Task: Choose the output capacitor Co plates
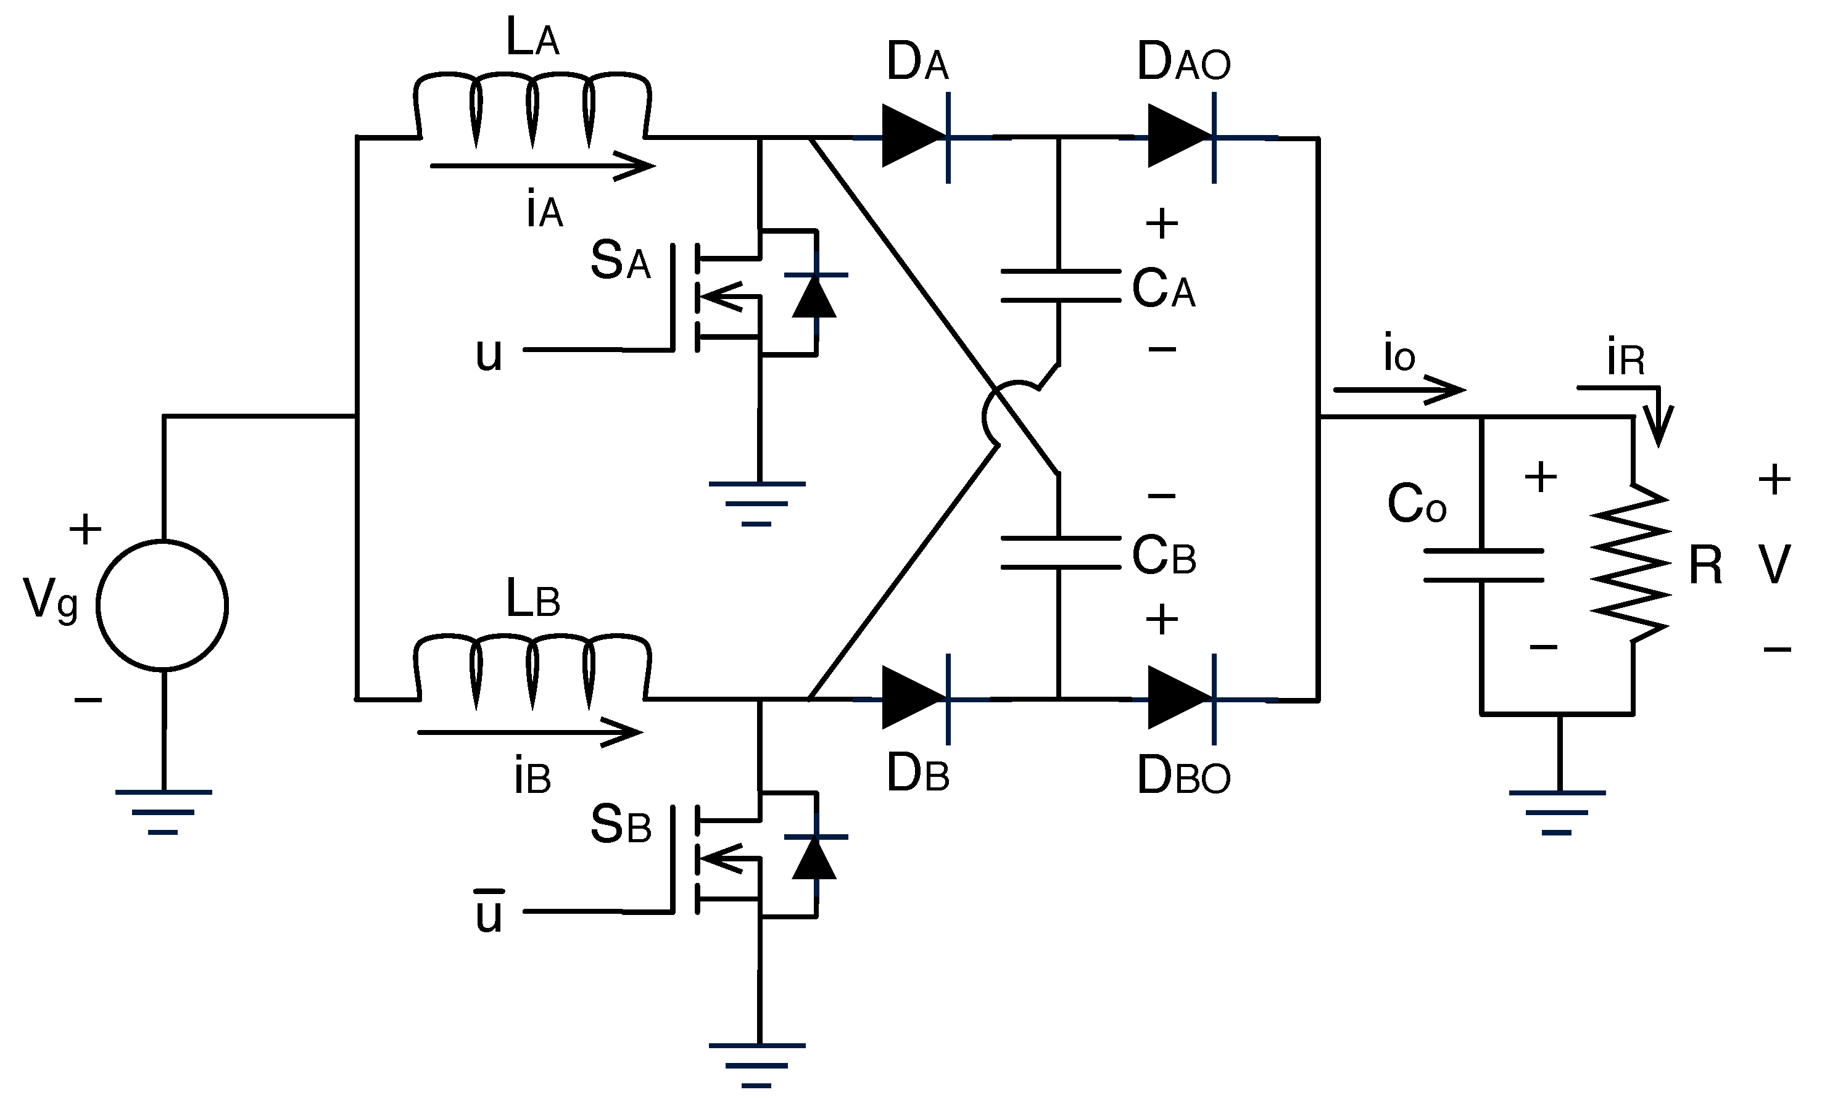1483,565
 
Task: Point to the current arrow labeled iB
529,732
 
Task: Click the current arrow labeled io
1398,390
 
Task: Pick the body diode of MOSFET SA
815,295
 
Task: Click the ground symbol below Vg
164,811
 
